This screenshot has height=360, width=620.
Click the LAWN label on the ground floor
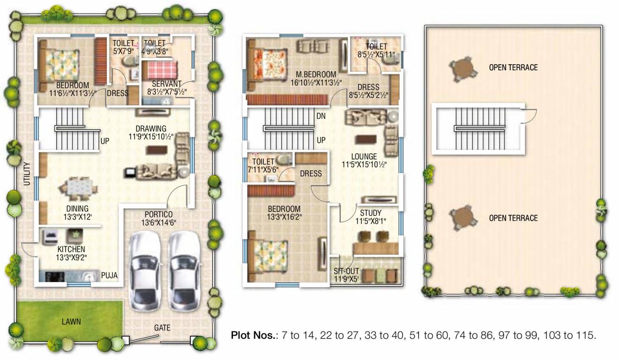click(71, 322)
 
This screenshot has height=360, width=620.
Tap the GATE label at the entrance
click(162, 328)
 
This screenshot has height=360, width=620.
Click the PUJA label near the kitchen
click(109, 276)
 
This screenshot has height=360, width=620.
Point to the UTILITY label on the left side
click(27, 174)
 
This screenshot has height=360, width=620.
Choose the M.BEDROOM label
click(316, 75)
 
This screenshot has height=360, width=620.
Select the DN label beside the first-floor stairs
click(321, 115)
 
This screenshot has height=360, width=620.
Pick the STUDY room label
click(371, 213)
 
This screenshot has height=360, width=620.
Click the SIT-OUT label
click(346, 271)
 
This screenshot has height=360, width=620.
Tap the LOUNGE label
click(365, 157)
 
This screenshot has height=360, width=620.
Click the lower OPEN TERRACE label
click(513, 218)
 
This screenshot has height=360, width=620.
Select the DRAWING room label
click(151, 129)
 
